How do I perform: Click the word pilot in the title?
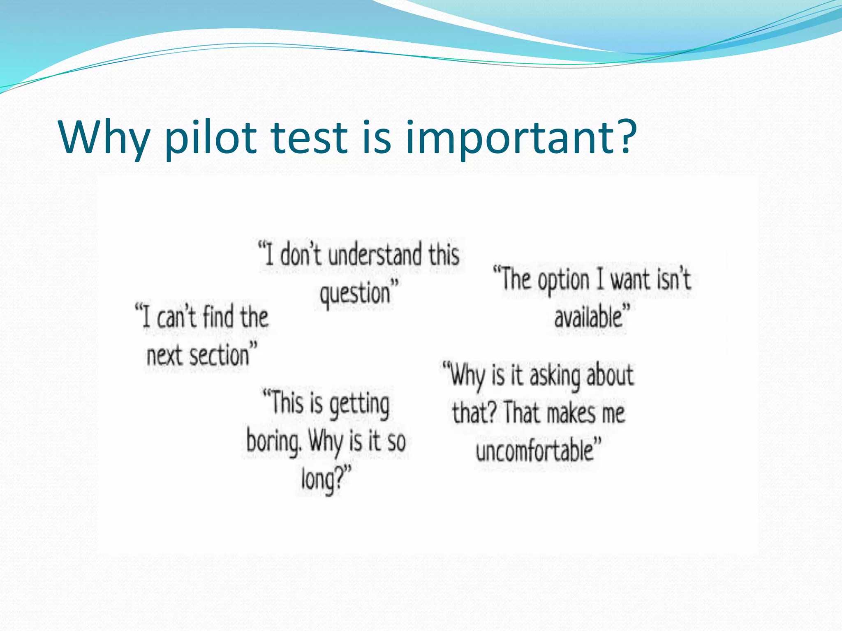click(x=210, y=138)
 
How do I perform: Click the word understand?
click(x=375, y=255)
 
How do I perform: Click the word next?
click(x=164, y=356)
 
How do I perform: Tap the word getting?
click(x=359, y=405)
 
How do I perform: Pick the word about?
click(x=610, y=376)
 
